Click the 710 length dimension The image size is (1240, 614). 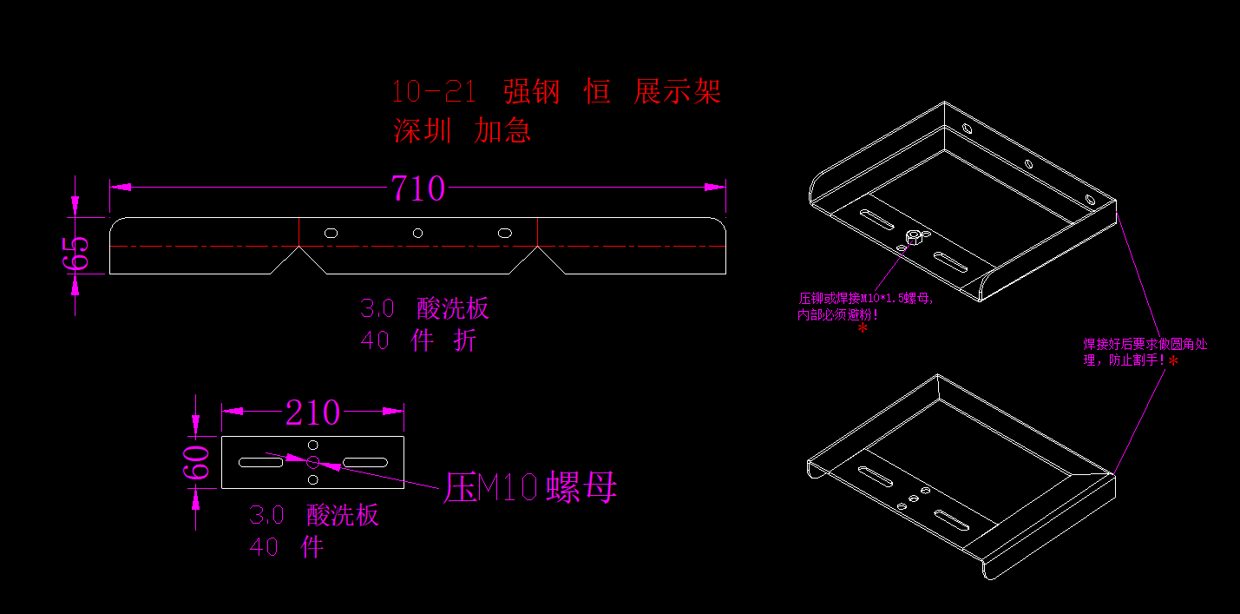(417, 188)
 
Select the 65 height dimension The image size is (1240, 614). (76, 253)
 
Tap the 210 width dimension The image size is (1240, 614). (312, 413)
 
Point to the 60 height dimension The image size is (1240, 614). (197, 462)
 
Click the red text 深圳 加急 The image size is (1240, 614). (462, 131)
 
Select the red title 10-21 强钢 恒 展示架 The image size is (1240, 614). (555, 91)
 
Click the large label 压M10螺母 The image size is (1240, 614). (530, 488)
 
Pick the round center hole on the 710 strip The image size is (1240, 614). (417, 233)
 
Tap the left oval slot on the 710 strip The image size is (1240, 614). (330, 233)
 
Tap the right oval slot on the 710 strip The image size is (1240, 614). (505, 233)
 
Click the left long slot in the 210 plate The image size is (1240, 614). (261, 463)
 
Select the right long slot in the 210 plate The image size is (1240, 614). (367, 462)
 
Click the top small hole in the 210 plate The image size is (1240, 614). (313, 445)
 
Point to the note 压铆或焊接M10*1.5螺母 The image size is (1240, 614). (866, 300)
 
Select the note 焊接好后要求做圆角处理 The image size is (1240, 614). (1145, 346)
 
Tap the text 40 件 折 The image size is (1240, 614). (418, 340)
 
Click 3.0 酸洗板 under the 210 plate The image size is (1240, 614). (314, 516)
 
